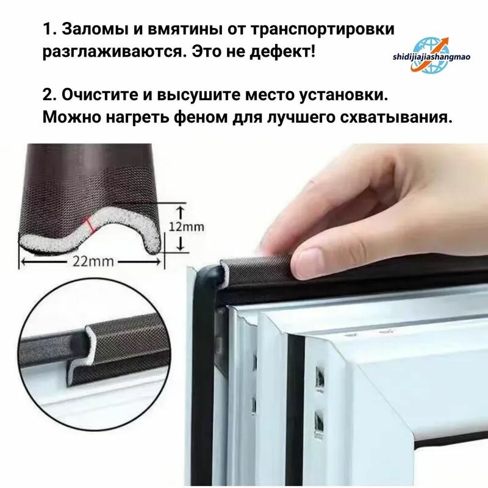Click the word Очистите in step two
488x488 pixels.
point(99,95)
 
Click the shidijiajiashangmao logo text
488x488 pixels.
point(431,57)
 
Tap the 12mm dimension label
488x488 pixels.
point(186,226)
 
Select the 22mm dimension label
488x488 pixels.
point(93,261)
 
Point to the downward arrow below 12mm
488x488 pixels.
point(181,243)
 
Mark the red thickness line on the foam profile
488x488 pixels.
point(90,224)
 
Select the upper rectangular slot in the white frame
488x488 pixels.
point(320,378)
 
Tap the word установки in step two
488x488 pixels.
point(343,95)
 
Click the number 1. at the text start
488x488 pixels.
point(49,29)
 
